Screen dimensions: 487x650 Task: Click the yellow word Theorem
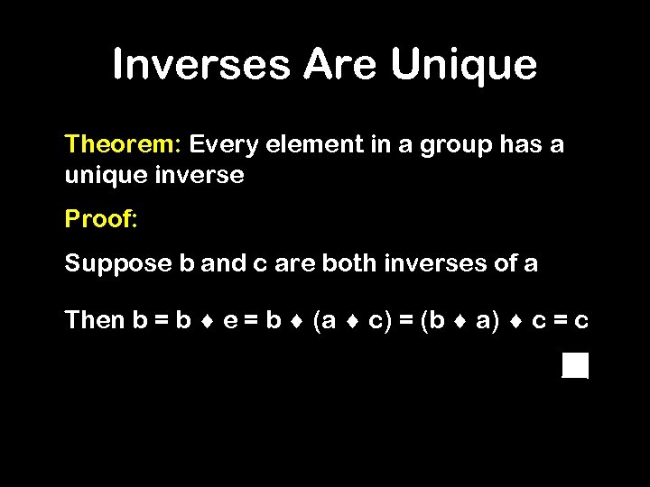coord(124,144)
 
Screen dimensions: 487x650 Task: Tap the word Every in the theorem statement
coord(222,145)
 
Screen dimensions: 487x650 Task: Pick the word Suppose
coord(117,264)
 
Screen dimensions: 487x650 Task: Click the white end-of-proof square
coord(575,365)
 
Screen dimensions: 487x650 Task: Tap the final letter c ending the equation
coord(582,321)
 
